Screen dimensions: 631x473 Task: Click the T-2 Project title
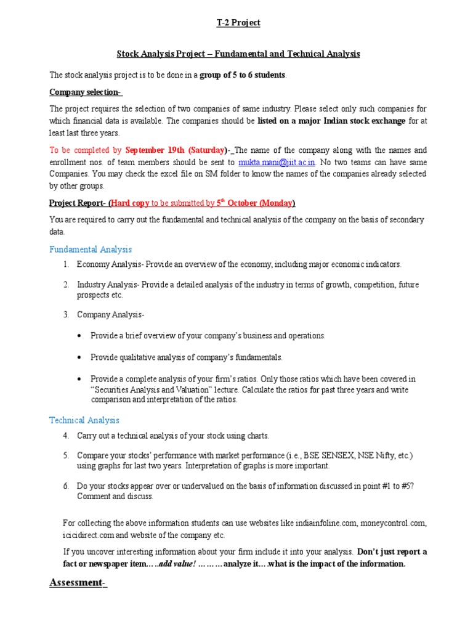coord(238,23)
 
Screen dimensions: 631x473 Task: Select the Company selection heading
coord(85,92)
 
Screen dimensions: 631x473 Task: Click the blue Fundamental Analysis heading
coord(91,249)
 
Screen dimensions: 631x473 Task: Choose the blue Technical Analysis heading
coord(84,420)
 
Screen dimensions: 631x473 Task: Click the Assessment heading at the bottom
coord(78,583)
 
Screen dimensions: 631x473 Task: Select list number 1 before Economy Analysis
coord(65,264)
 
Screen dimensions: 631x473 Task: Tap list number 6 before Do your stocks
coord(65,486)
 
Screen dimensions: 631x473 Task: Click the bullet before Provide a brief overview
coord(81,336)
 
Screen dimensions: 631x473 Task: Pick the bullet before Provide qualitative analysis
coord(81,357)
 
